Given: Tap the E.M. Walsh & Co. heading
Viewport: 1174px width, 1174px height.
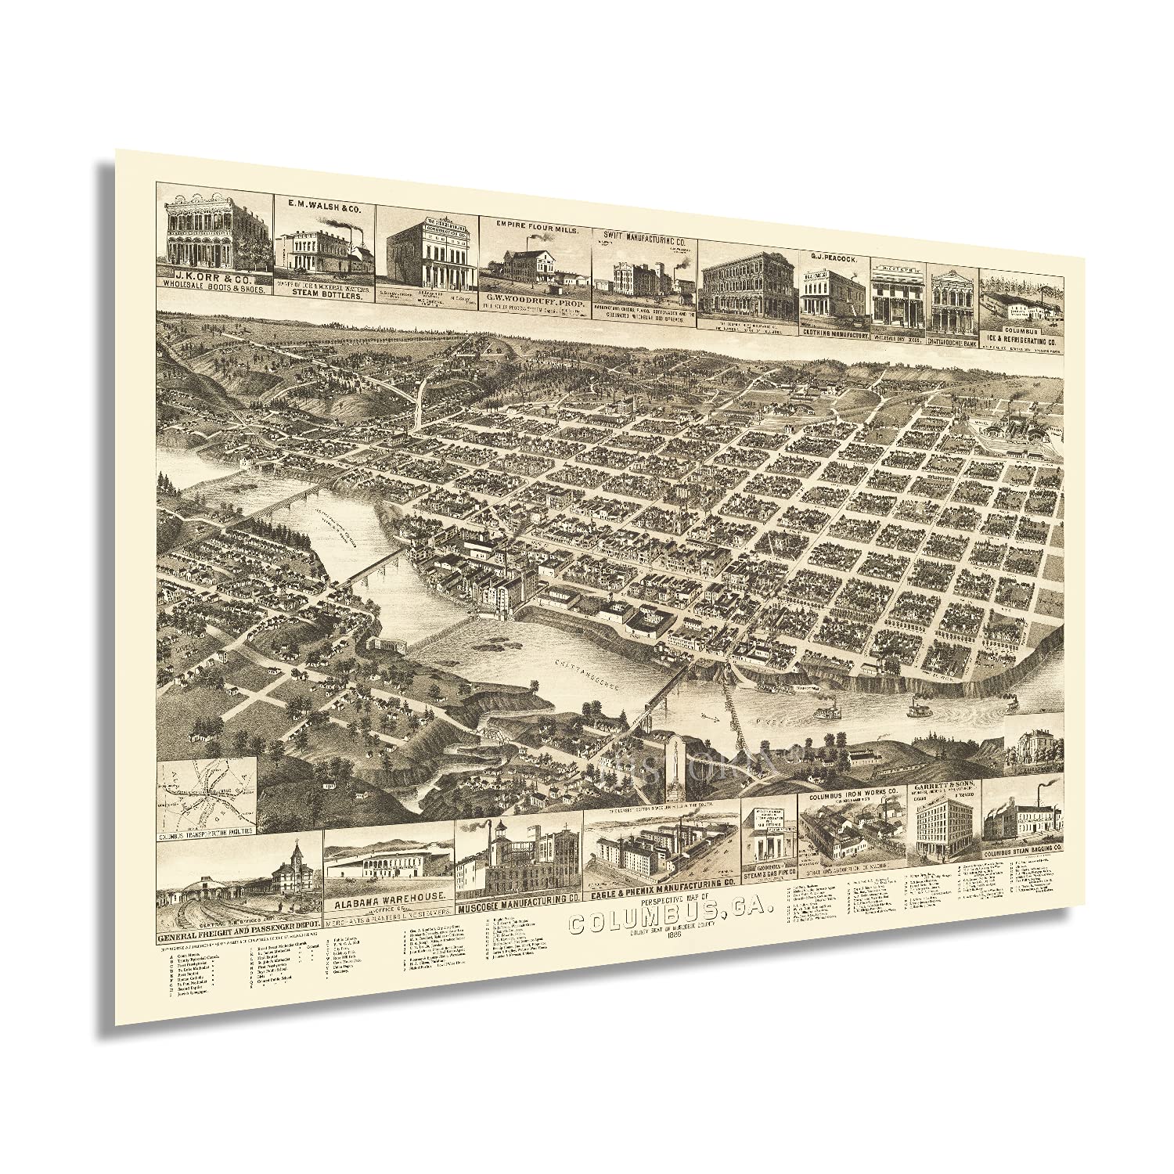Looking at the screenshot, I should [323, 205].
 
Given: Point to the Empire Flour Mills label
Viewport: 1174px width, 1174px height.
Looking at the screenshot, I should [536, 209].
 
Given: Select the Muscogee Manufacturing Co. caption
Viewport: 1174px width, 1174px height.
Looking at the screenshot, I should [517, 899].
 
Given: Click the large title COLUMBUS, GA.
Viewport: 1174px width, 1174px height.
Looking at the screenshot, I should [669, 913].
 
